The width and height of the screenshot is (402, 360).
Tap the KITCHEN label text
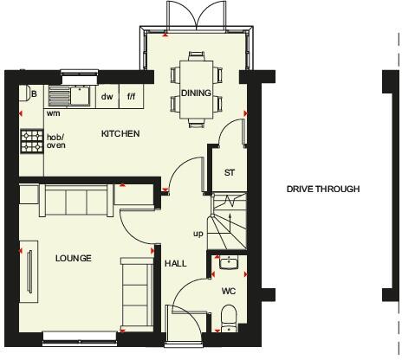click(120, 133)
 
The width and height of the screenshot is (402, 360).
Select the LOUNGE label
click(73, 258)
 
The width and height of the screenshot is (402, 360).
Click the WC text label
click(229, 291)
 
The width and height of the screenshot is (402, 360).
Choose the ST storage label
click(230, 172)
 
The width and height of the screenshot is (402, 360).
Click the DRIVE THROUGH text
click(323, 189)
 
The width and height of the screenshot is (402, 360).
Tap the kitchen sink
click(69, 95)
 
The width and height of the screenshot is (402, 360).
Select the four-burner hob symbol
click(32, 140)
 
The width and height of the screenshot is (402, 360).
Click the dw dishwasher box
click(107, 97)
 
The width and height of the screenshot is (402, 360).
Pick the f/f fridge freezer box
click(132, 97)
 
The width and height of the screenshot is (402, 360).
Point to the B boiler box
click(34, 94)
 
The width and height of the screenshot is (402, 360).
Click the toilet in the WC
click(227, 324)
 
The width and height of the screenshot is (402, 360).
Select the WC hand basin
click(228, 263)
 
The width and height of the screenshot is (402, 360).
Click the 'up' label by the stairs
click(198, 234)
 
